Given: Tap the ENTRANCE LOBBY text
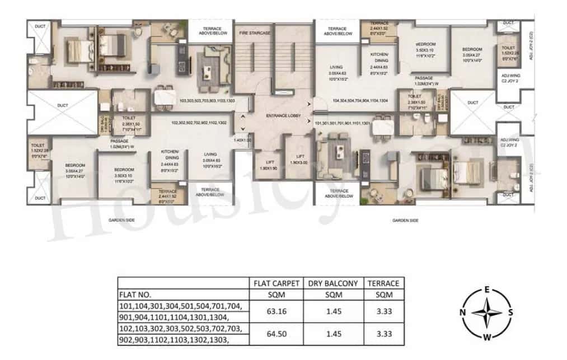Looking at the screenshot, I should click(x=283, y=116).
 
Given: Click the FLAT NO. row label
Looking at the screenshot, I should click(x=135, y=294).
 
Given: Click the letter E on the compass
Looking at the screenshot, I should click(x=488, y=289).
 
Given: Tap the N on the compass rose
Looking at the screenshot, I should click(x=464, y=313).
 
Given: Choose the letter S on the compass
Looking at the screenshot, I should click(x=511, y=313).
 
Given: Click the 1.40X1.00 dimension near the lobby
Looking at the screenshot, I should click(x=242, y=140).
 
